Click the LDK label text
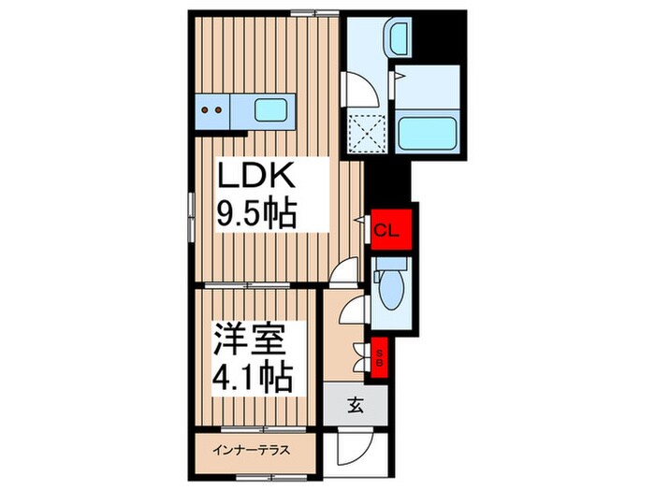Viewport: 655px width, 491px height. pyautogui.click(x=257, y=177)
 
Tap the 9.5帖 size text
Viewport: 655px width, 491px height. pyautogui.click(x=257, y=214)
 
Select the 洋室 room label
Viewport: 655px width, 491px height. pyautogui.click(x=252, y=339)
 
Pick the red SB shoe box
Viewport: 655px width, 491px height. pyautogui.click(x=381, y=357)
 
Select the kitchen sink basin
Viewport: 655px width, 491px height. pyautogui.click(x=271, y=111)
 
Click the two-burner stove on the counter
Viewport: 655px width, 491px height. pyautogui.click(x=212, y=111)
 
